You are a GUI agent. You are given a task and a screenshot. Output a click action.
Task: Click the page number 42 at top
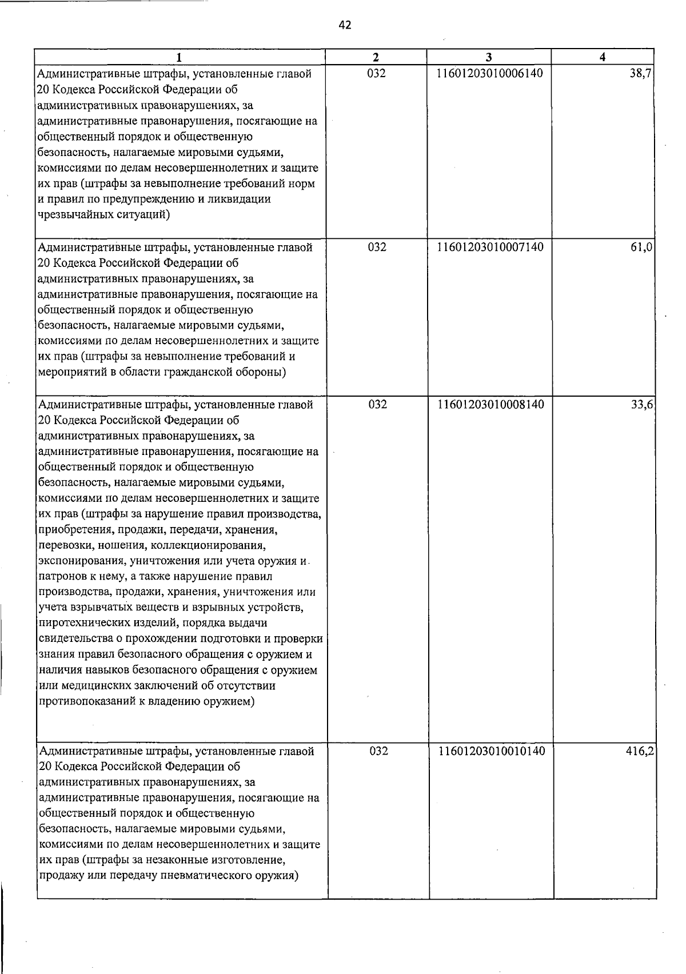[345, 25]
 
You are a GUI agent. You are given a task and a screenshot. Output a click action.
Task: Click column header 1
[180, 57]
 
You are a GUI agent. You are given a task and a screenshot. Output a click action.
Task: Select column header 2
[376, 57]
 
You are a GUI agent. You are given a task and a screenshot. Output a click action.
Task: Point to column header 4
[603, 57]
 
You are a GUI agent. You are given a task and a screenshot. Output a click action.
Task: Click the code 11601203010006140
[489, 73]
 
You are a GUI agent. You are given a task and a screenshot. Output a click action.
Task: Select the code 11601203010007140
[490, 247]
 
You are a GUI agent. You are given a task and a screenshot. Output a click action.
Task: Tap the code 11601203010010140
[491, 751]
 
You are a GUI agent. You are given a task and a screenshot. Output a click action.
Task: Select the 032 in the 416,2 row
[378, 751]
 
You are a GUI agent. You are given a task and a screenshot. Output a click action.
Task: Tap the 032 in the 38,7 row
[376, 73]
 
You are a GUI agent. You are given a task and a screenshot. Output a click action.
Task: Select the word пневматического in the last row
[202, 876]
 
